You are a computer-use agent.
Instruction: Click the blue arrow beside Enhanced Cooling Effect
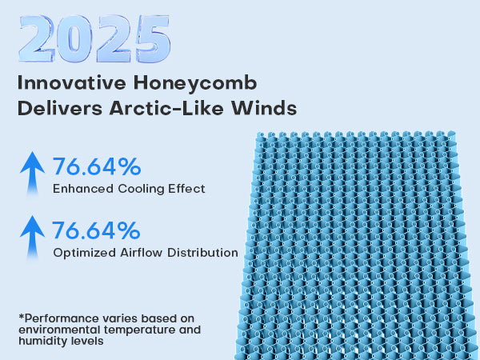pos(32,173)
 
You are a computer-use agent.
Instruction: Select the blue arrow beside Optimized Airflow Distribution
pos(32,237)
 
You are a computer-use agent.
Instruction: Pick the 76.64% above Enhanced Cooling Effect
pos(97,167)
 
